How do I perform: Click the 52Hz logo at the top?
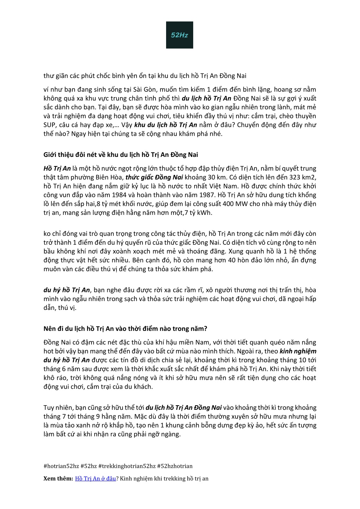[179, 35]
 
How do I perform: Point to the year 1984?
[112, 195]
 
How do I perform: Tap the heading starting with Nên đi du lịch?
[125, 329]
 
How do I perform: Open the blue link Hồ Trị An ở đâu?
[95, 478]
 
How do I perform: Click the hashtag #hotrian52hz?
[61, 466]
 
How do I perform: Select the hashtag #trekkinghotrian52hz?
[127, 466]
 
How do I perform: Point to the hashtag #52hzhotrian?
[175, 466]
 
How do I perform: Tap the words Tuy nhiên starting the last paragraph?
[57, 408]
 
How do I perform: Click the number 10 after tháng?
[301, 360]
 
